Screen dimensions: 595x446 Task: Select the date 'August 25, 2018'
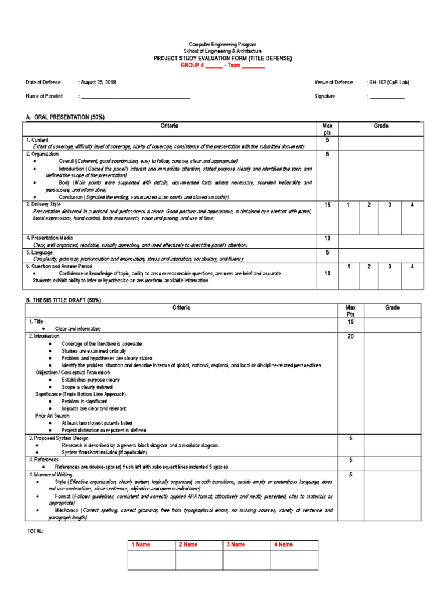98,83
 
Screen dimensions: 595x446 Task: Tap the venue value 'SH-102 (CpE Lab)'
389,83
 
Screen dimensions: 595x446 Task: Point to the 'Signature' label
325,96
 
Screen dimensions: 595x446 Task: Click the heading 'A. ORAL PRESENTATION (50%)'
65,117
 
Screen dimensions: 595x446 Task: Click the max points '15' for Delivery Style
326,205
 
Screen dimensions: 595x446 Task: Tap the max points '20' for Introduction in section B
350,336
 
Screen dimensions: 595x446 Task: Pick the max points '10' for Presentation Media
326,238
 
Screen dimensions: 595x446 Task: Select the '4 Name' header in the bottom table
283,544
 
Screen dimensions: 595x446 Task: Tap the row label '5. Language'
39,253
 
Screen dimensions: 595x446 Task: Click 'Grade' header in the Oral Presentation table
382,126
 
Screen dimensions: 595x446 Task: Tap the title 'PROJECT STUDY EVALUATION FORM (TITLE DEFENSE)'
222,58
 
